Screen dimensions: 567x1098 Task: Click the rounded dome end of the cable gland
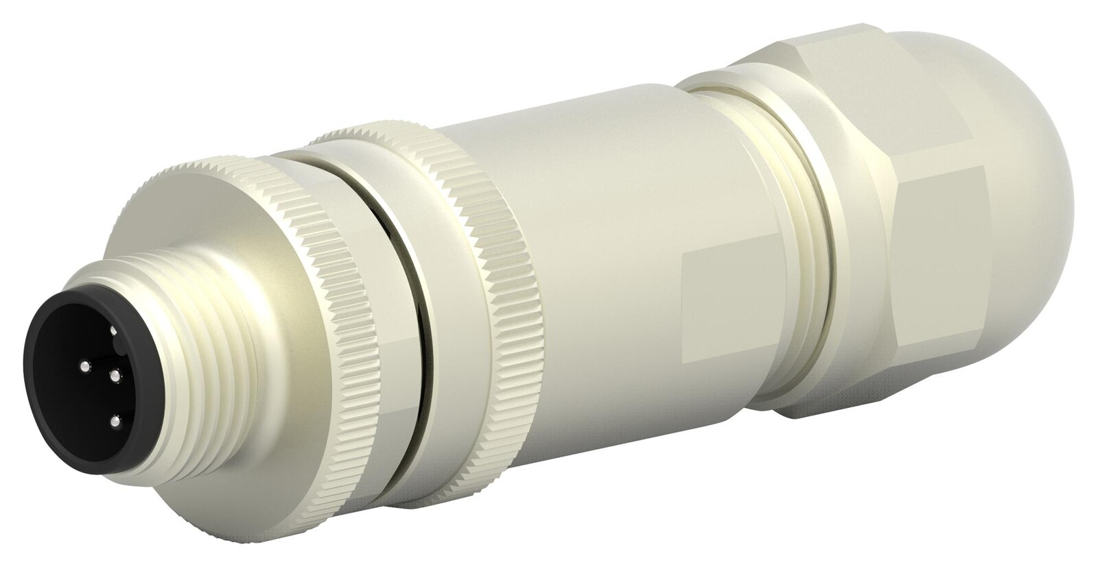pos(1050,206)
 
